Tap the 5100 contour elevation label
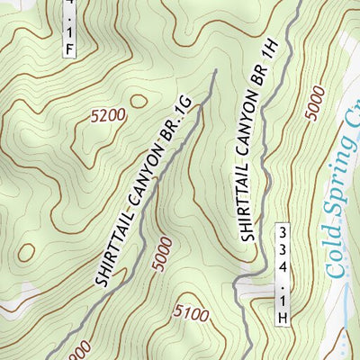click(192, 315)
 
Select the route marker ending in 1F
click(70, 29)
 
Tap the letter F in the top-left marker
click(70, 49)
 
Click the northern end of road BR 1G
click(214, 71)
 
